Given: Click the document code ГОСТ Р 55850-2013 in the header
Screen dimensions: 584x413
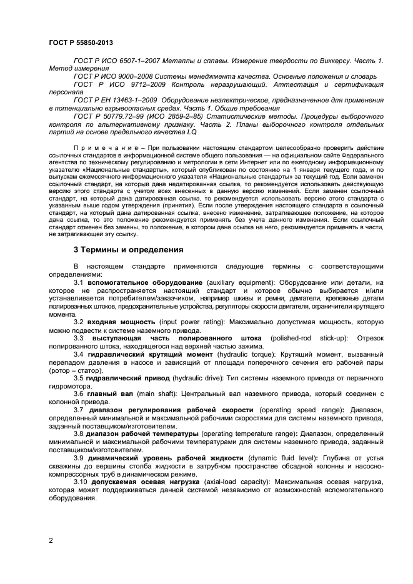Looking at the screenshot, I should point(81,42).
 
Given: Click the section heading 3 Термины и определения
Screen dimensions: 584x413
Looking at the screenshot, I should point(128,250).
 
